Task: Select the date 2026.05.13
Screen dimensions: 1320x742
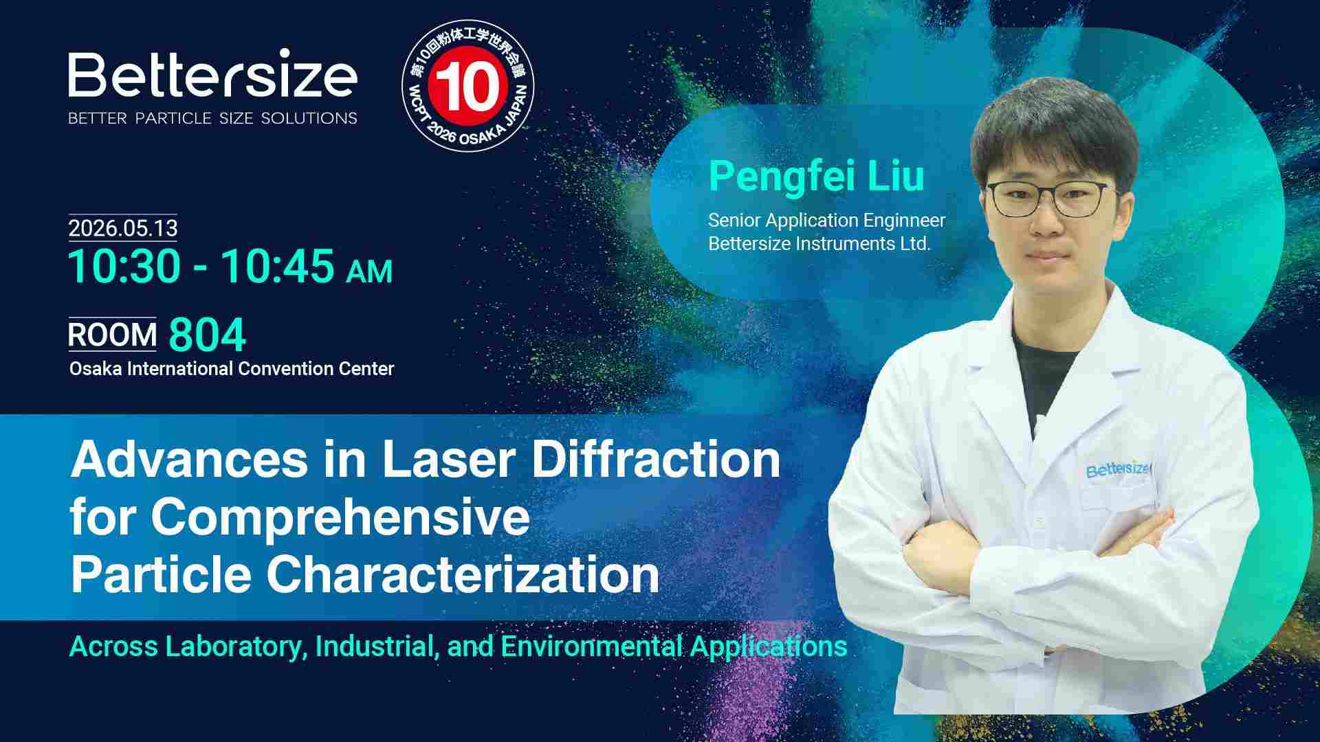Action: (123, 228)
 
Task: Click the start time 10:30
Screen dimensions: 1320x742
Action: (124, 267)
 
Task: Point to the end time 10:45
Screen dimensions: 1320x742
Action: (278, 267)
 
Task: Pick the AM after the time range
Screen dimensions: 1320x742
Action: (369, 271)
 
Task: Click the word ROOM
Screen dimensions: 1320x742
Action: (113, 335)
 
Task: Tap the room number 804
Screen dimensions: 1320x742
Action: (207, 335)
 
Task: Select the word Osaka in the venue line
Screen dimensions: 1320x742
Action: (96, 369)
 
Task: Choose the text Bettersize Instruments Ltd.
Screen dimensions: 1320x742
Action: (819, 244)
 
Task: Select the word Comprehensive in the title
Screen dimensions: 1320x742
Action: (340, 518)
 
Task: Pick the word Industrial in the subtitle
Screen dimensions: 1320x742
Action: (377, 647)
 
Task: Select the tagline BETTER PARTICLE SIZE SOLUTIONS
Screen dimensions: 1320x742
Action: (212, 118)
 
